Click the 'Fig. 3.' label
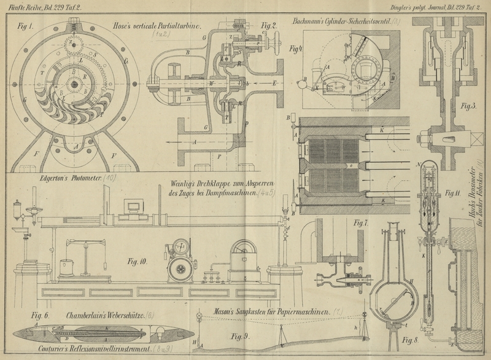pyautogui.click(x=470, y=106)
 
